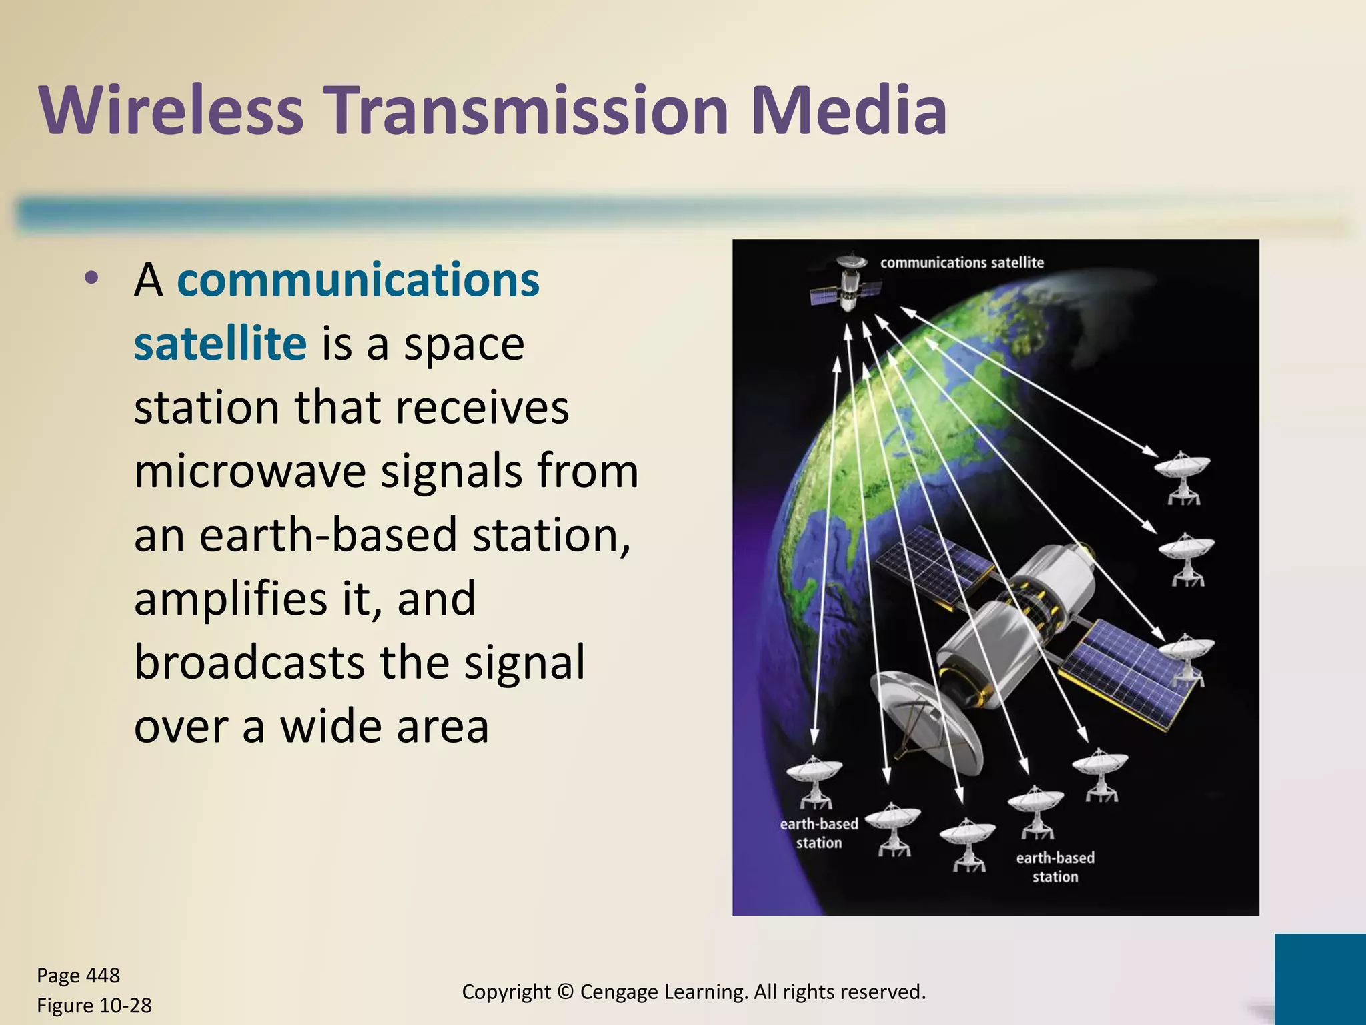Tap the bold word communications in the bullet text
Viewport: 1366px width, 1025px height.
click(x=358, y=280)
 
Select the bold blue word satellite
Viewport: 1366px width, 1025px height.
click(x=220, y=344)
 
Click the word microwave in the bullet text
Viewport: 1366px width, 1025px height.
click(x=249, y=471)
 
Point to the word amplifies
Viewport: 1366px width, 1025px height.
click(x=231, y=599)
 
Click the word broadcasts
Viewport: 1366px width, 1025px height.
click(x=249, y=662)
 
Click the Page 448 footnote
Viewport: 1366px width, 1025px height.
click(x=78, y=975)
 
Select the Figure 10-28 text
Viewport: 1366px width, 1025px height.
click(x=94, y=1005)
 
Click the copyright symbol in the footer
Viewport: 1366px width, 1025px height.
click(x=565, y=992)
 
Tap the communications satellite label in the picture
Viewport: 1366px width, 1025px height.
click(x=961, y=263)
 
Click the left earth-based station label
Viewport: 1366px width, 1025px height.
click(x=819, y=833)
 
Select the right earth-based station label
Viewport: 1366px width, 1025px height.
click(x=1055, y=867)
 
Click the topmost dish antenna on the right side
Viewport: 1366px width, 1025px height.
click(x=1181, y=474)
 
